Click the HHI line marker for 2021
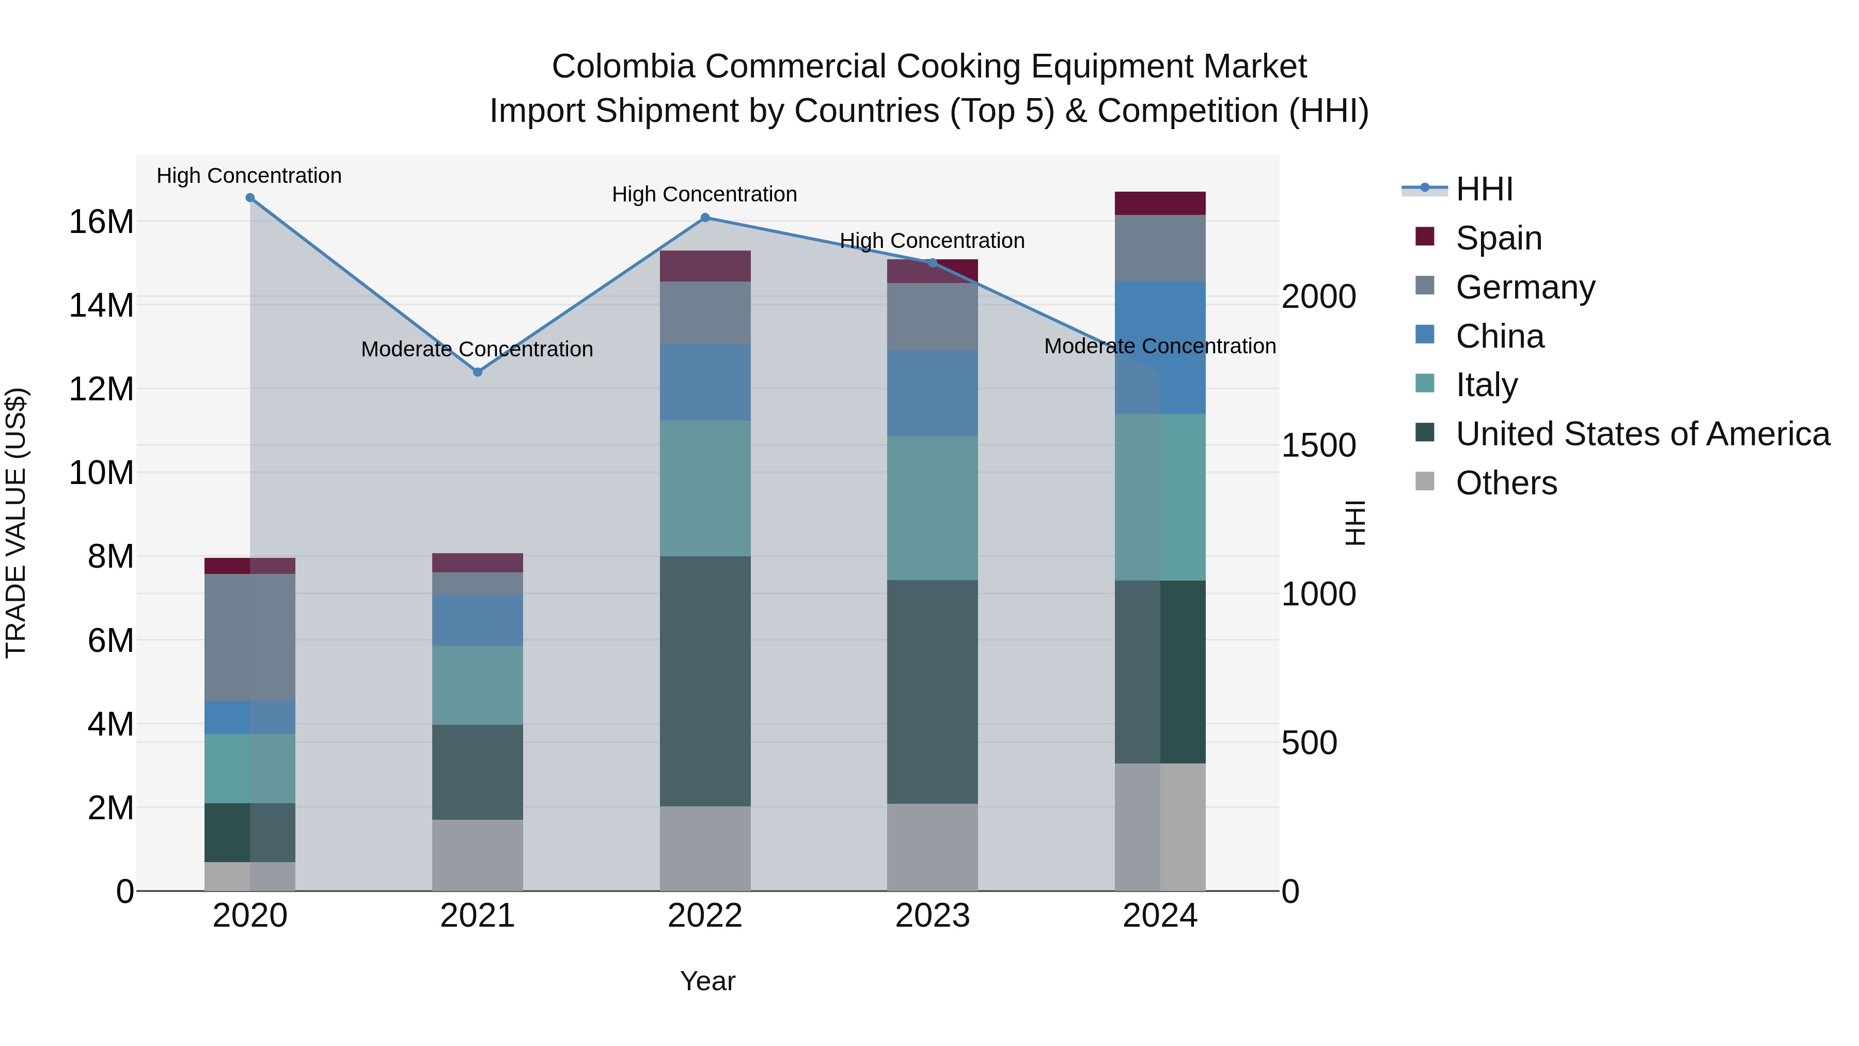point(477,372)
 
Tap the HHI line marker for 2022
point(705,217)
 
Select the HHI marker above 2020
point(250,198)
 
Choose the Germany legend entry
point(1525,287)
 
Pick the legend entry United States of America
point(1642,434)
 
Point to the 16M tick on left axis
point(101,222)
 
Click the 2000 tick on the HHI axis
point(1318,296)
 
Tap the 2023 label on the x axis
point(933,916)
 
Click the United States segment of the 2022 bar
point(705,681)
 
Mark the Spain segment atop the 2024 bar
point(1160,204)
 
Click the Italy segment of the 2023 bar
point(933,508)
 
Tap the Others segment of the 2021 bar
point(477,855)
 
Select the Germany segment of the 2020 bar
point(250,637)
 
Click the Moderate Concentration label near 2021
point(477,349)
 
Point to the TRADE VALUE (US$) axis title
point(16,523)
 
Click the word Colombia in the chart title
point(623,67)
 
